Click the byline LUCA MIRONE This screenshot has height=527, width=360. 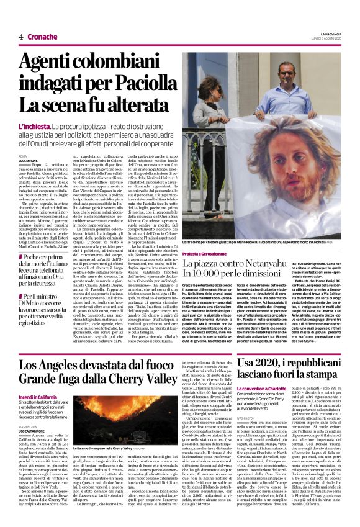pyautogui.click(x=29, y=160)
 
